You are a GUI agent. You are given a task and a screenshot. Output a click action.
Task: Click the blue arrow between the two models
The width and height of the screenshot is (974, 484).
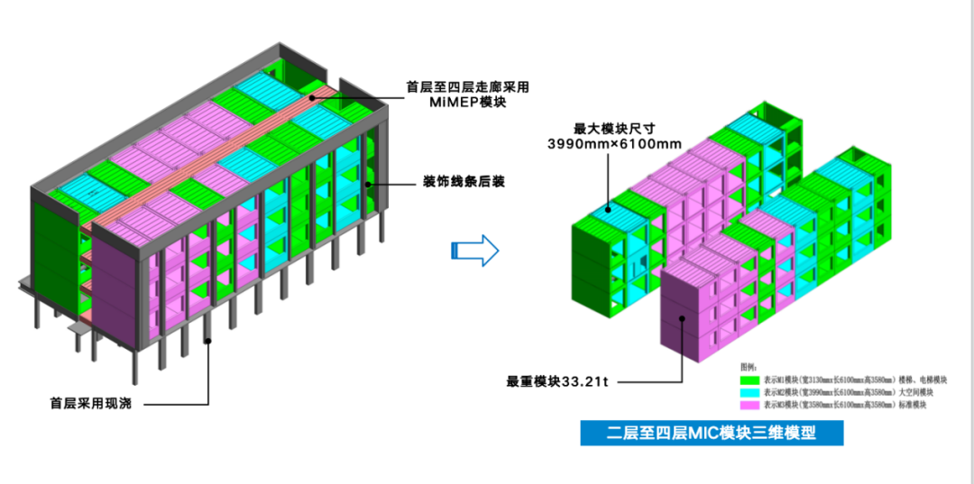[474, 250]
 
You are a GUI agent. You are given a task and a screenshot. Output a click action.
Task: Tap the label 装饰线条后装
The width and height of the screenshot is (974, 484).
[463, 182]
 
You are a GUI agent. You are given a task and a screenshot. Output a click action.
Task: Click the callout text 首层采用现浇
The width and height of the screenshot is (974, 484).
[90, 403]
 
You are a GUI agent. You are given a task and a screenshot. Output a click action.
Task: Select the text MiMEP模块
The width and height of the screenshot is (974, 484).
[467, 103]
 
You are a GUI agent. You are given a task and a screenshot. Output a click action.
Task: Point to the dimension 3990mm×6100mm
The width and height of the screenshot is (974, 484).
[614, 143]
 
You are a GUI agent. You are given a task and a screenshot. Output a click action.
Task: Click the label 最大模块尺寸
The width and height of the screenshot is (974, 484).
[614, 127]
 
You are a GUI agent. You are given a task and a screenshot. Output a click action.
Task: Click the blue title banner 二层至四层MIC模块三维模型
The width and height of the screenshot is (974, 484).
[712, 433]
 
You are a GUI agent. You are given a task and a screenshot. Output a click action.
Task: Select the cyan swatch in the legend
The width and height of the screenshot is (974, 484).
[749, 393]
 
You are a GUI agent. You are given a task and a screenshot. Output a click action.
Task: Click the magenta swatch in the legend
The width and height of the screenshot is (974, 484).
[749, 406]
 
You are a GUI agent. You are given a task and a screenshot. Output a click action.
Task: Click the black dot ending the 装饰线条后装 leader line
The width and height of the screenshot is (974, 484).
[369, 184]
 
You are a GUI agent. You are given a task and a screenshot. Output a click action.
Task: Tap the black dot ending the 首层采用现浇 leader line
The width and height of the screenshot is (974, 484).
[208, 340]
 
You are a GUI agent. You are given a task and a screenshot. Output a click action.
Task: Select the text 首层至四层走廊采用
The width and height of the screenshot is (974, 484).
[467, 87]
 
